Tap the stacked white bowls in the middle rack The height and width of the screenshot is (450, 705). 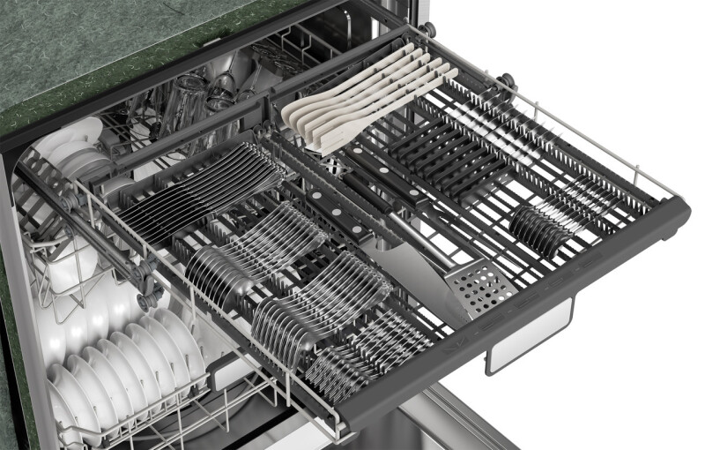(75, 150)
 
